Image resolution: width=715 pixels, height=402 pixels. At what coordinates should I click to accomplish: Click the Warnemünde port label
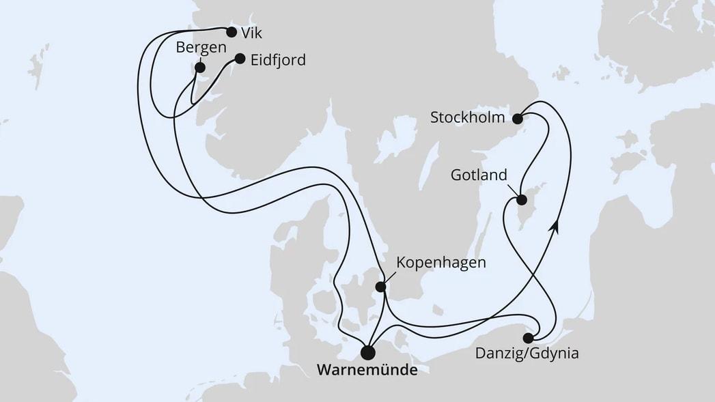[x=368, y=371]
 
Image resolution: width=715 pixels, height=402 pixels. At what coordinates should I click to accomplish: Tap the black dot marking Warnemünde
[x=368, y=352]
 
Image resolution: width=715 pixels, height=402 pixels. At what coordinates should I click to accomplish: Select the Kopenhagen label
[x=441, y=263]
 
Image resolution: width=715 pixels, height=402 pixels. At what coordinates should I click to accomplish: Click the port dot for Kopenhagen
[x=380, y=287]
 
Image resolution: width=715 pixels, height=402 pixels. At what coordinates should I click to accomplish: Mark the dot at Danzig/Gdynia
[x=528, y=338]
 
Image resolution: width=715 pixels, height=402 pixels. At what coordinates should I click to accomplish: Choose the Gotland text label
[x=479, y=175]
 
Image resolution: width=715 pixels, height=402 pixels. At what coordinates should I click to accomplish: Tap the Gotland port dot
[x=522, y=200]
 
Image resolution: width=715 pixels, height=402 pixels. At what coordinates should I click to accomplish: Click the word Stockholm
[x=468, y=118]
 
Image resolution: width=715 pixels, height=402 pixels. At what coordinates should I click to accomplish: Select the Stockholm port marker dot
[x=518, y=118]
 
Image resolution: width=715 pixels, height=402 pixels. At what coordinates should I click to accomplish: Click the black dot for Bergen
[x=199, y=68]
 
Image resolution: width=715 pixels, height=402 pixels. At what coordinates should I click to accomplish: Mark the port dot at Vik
[x=231, y=31]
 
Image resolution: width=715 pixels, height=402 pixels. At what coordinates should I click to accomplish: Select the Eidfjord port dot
[x=240, y=59]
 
